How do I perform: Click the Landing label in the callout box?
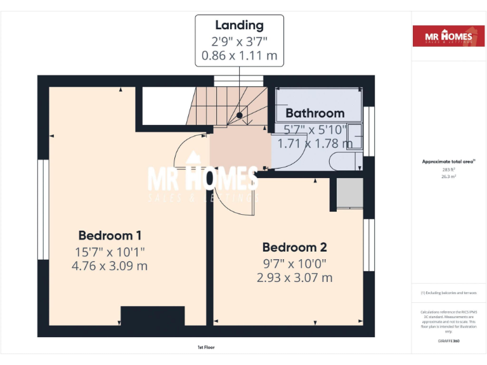(x=239, y=25)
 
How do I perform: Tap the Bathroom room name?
(x=315, y=113)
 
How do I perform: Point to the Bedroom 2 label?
(x=294, y=247)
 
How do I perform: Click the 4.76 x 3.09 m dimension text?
(x=110, y=266)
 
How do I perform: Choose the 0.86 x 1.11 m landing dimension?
(x=239, y=56)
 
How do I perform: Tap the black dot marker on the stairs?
(x=240, y=115)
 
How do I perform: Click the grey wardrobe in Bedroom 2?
(x=348, y=193)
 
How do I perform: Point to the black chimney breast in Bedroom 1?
(x=152, y=316)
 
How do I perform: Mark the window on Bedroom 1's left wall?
(x=43, y=209)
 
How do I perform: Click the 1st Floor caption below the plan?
(x=206, y=348)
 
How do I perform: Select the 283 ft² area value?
(x=449, y=170)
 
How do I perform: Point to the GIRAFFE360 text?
(x=448, y=342)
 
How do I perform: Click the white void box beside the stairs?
(x=163, y=106)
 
